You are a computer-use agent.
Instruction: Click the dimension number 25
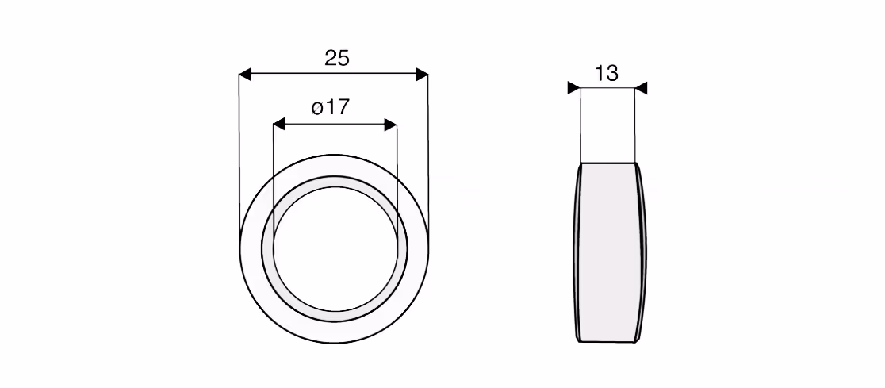point(337,58)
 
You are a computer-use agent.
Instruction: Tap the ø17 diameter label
point(331,107)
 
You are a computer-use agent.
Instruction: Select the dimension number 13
point(606,74)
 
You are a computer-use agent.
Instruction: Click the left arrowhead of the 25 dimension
point(245,74)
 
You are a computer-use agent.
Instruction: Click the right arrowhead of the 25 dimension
point(422,74)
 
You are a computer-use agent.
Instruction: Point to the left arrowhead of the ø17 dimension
point(279,125)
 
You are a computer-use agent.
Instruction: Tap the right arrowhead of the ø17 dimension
point(391,125)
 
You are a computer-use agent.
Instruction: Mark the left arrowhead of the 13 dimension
point(574,88)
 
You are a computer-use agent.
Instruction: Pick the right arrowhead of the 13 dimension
point(641,88)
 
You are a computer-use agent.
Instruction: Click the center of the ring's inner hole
point(334,248)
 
